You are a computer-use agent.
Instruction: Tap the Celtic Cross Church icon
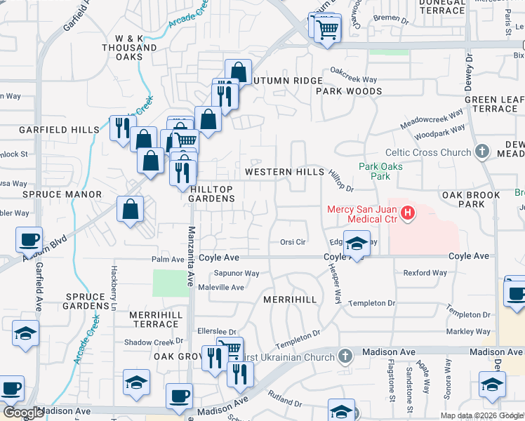(x=481, y=152)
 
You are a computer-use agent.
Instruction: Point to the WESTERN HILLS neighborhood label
(x=284, y=172)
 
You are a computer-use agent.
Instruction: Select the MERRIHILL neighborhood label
(x=290, y=300)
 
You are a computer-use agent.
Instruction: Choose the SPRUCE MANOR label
(x=62, y=194)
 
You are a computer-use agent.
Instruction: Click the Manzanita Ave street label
(x=190, y=256)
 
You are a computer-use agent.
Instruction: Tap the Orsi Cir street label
(x=293, y=242)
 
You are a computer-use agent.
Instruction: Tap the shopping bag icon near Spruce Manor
(x=131, y=208)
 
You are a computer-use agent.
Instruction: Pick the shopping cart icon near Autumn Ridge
(x=326, y=30)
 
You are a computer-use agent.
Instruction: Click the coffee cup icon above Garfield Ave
(x=29, y=240)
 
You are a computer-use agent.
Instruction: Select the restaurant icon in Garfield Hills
(x=122, y=127)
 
